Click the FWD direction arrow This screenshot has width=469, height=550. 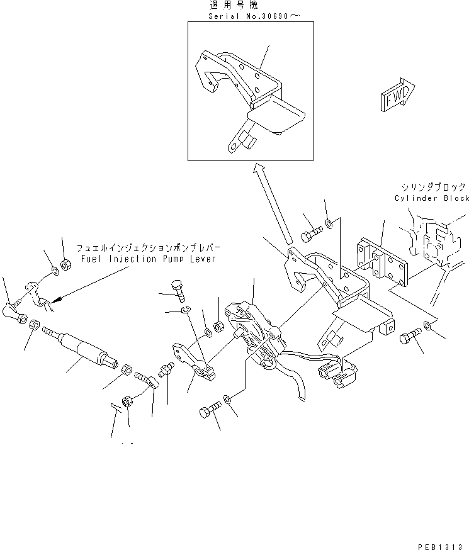tap(397, 95)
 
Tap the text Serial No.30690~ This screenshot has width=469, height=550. tap(254, 16)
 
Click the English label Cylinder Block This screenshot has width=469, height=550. tap(432, 198)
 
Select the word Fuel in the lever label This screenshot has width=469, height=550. tap(91, 259)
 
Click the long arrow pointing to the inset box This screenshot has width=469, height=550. tap(273, 203)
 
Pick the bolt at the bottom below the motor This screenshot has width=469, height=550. tap(210, 410)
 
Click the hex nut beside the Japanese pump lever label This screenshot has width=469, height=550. tap(65, 264)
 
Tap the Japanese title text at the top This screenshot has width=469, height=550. tap(234, 5)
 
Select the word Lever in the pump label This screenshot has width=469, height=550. tap(203, 259)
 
